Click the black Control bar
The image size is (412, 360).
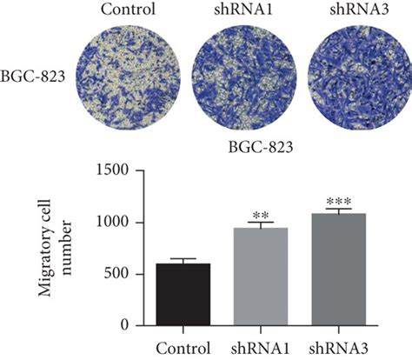coord(183,294)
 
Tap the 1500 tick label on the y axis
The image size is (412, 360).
coord(116,171)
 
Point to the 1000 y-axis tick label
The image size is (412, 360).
coord(116,223)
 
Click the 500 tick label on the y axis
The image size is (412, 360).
coord(120,274)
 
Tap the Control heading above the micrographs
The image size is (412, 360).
coord(128,10)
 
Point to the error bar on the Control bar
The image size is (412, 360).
coord(183,260)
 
